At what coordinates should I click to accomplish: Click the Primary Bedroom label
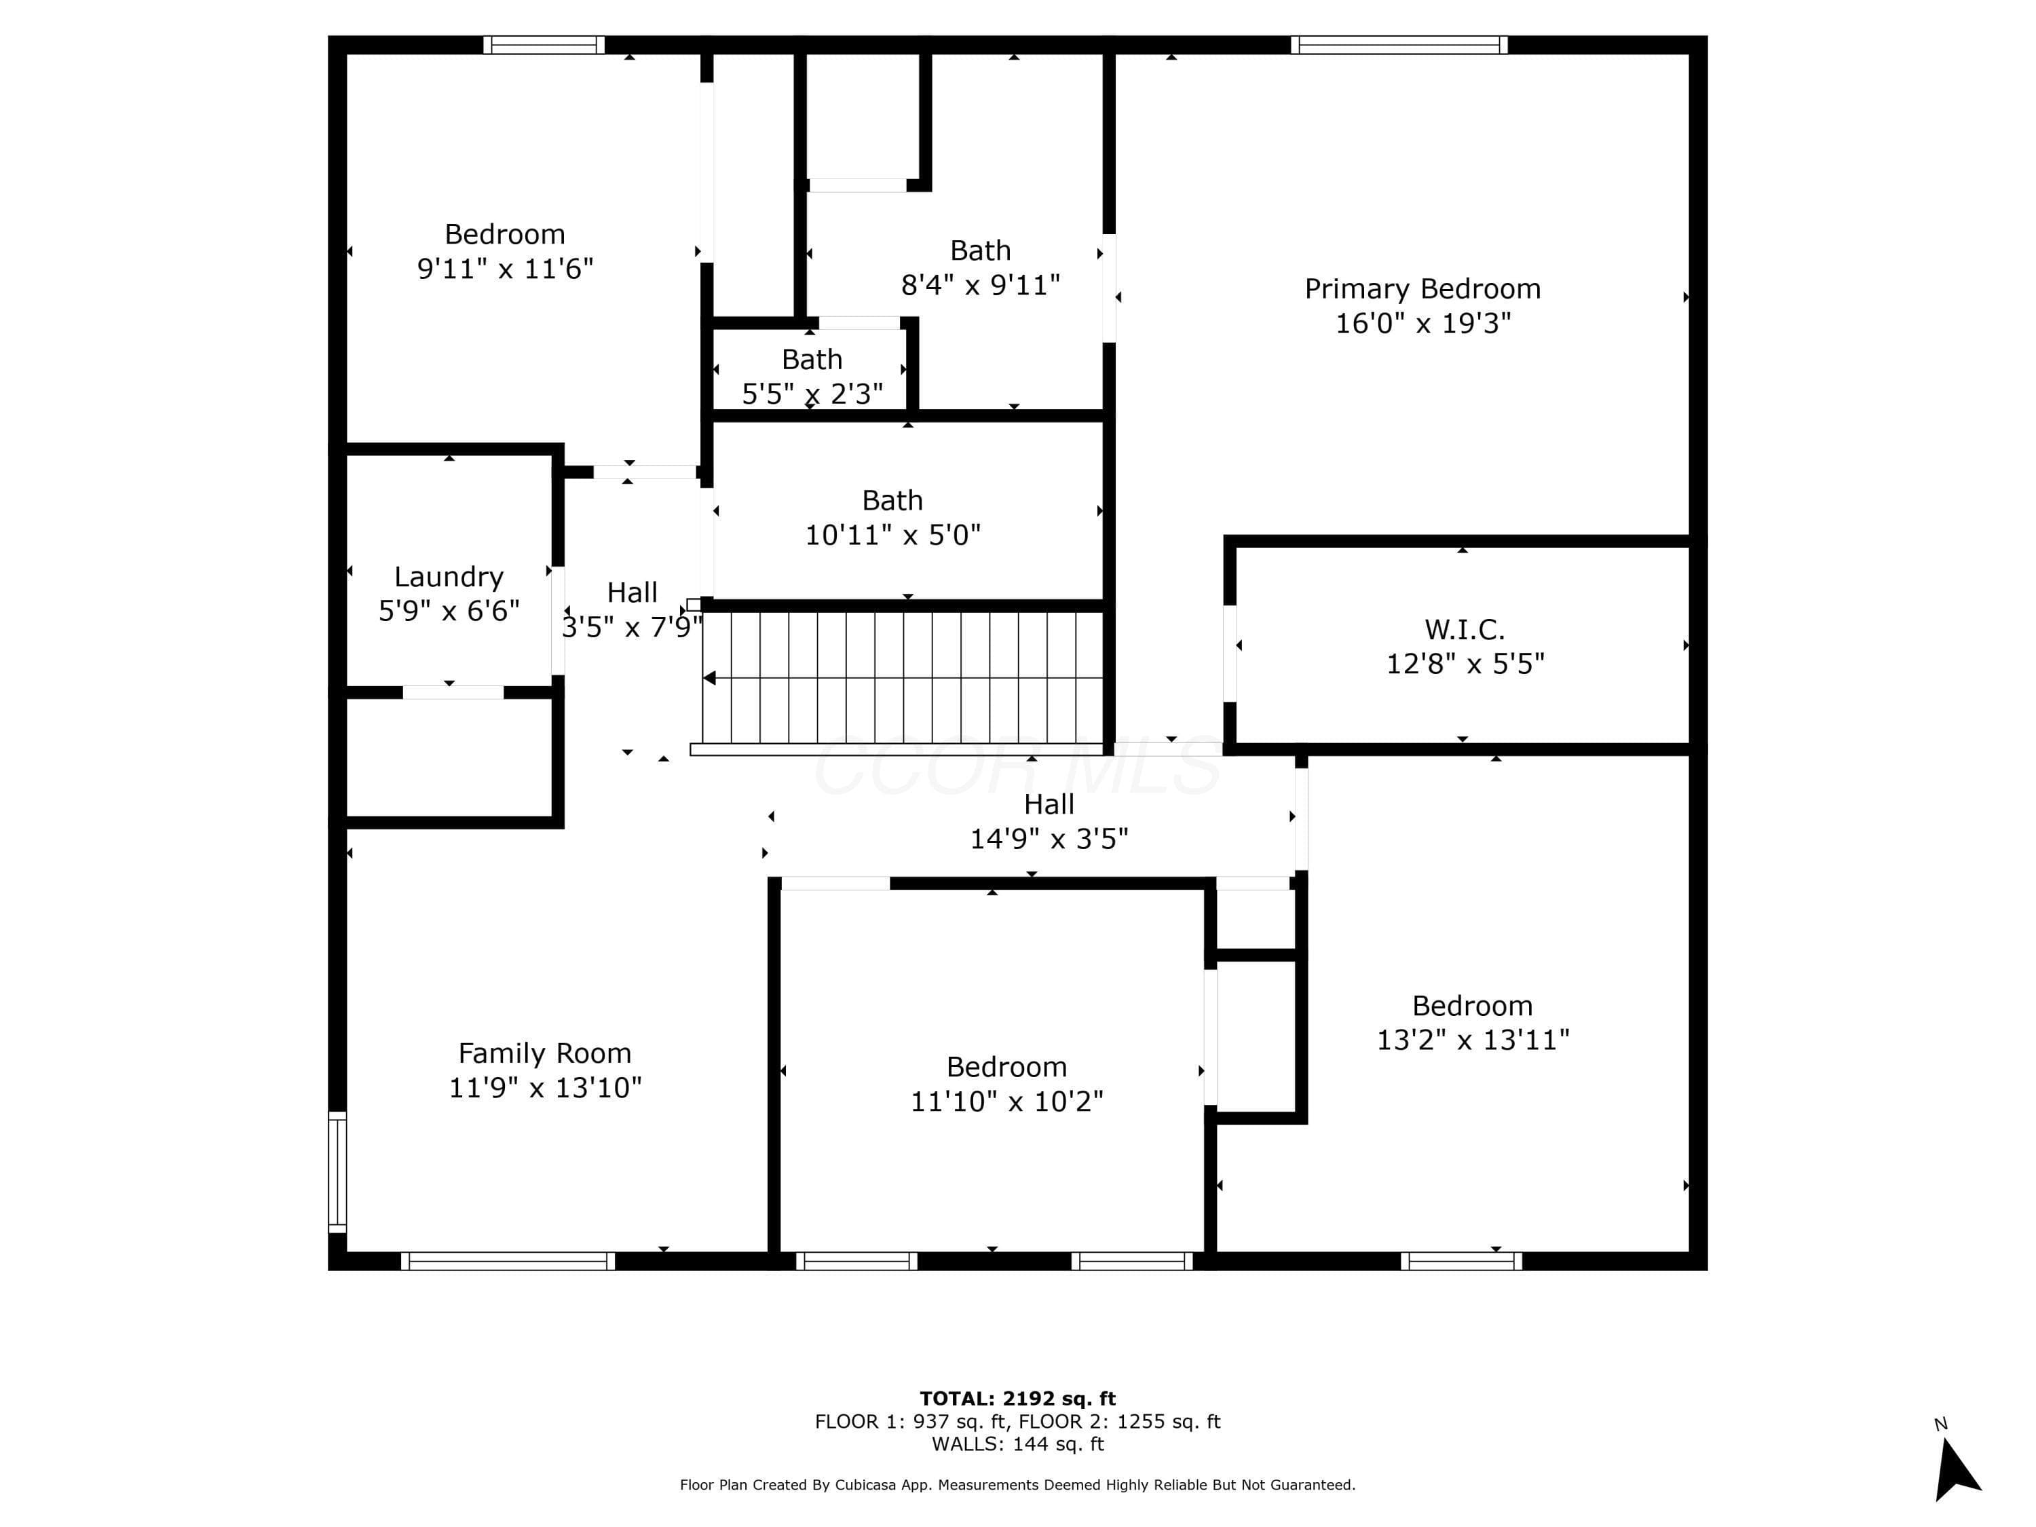pos(1422,289)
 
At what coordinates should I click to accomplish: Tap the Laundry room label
pos(449,577)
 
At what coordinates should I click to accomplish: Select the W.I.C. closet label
pos(1465,630)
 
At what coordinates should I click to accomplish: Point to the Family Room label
pos(545,1053)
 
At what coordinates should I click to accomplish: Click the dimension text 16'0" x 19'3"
pos(1423,323)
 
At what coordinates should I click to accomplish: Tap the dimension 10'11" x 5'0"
pos(893,535)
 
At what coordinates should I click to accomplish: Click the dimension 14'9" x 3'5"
pos(1049,839)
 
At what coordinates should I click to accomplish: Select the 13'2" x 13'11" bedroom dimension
pos(1473,1040)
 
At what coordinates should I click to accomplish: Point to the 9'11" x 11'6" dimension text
pos(506,269)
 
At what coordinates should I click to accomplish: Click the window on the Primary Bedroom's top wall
pos(1399,45)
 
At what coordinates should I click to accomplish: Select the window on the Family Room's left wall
pos(338,1171)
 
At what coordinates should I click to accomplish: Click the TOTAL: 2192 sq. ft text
pos(1018,1399)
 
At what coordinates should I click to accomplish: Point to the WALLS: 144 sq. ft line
pos(1018,1444)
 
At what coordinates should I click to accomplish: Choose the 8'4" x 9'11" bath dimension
pos(980,285)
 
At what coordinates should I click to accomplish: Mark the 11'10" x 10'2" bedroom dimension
pos(1007,1101)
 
